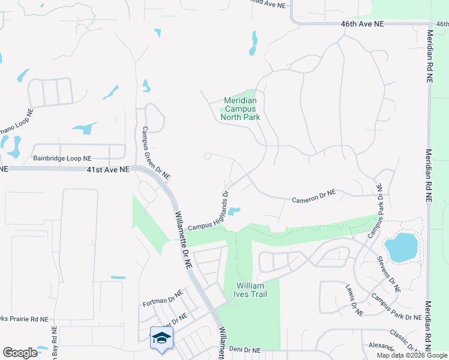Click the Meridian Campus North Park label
241,109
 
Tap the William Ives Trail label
250,290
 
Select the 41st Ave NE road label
108,170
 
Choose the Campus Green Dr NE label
156,153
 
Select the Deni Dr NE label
245,349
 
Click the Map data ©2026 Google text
412,355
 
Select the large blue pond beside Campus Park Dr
401,247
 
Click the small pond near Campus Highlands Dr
234,211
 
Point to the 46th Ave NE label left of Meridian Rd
362,23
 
